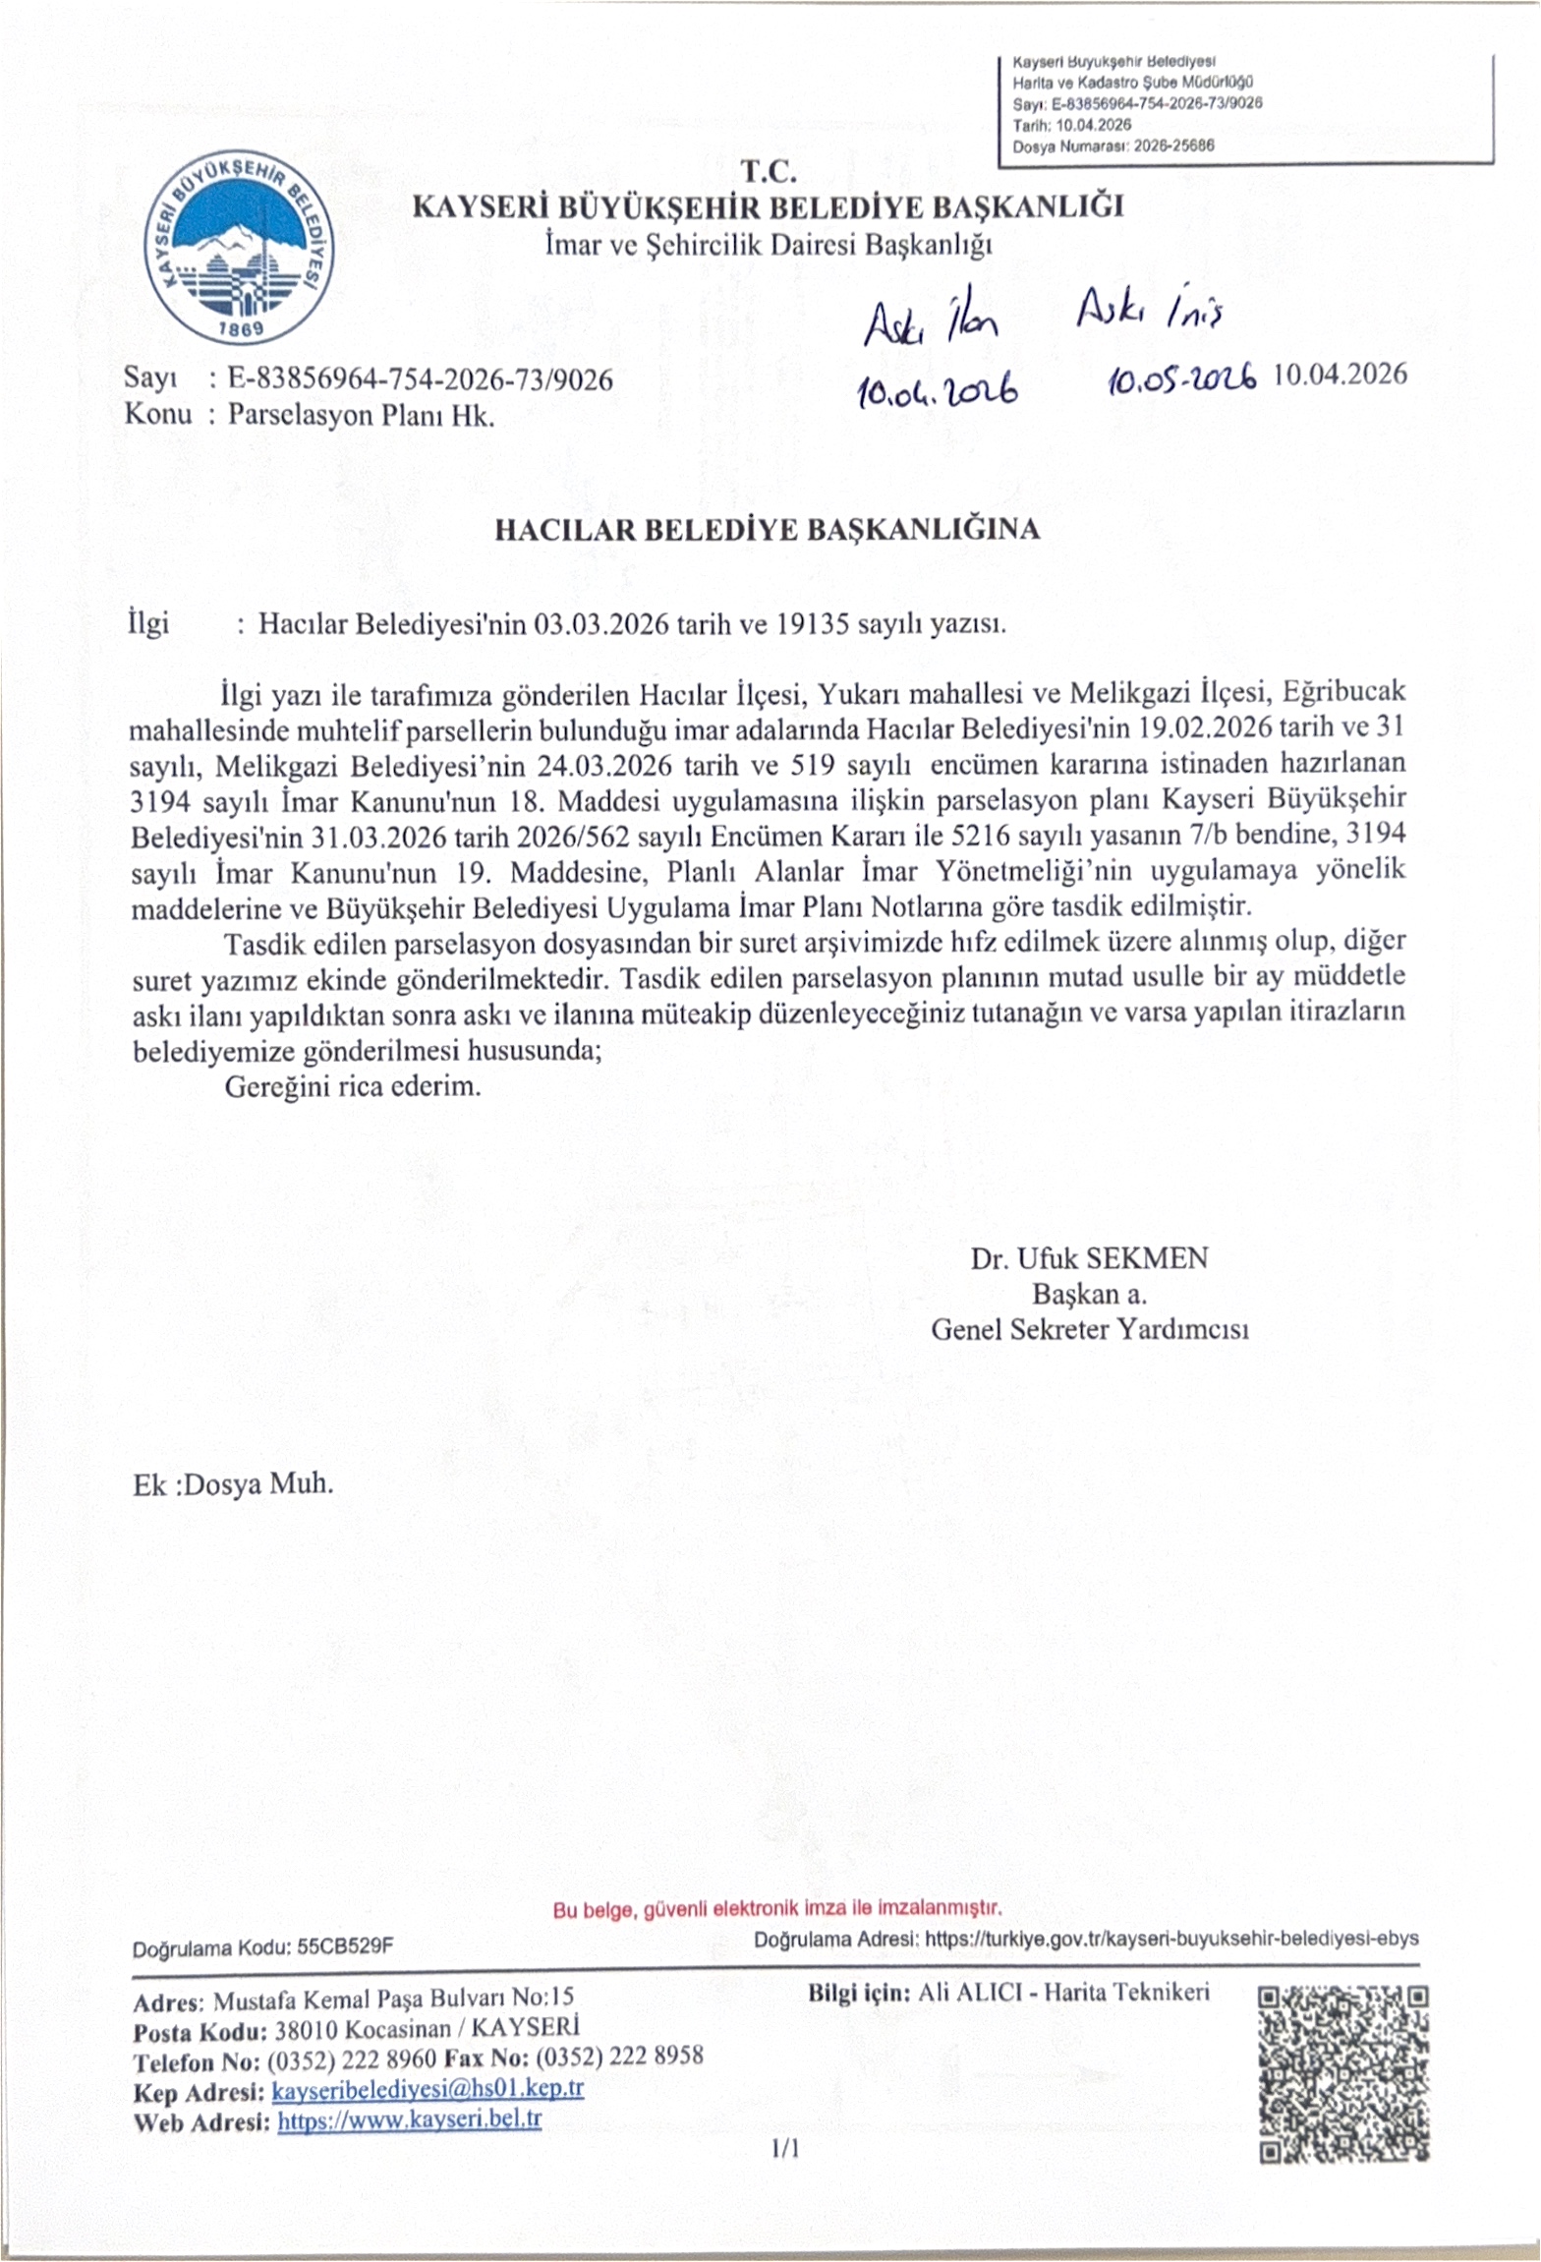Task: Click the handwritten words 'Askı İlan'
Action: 930,322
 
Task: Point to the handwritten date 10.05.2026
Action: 1182,377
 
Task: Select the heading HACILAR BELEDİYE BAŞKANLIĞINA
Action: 767,530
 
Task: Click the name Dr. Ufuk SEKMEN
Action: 1089,1258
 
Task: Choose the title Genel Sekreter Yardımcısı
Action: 1089,1329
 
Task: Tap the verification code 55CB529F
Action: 345,1946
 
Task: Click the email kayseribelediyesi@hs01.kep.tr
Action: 428,2089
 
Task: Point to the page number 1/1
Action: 785,2149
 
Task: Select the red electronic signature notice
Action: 776,1910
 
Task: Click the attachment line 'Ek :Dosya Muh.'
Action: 233,1482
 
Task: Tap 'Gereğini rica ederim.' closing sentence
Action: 353,1087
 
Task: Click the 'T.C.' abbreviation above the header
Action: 769,173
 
